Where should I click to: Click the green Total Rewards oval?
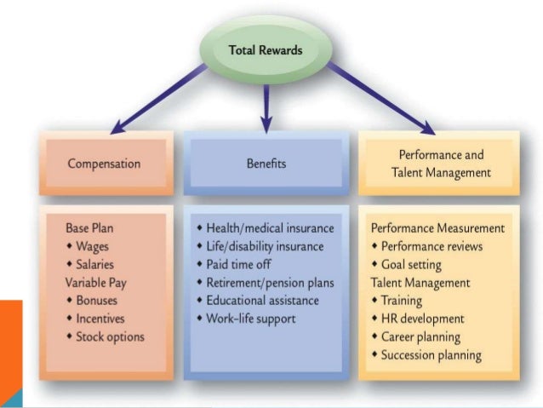(x=265, y=49)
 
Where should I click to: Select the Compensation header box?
(x=104, y=163)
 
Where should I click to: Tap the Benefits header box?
(x=266, y=162)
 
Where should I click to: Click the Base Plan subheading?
(x=91, y=229)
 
